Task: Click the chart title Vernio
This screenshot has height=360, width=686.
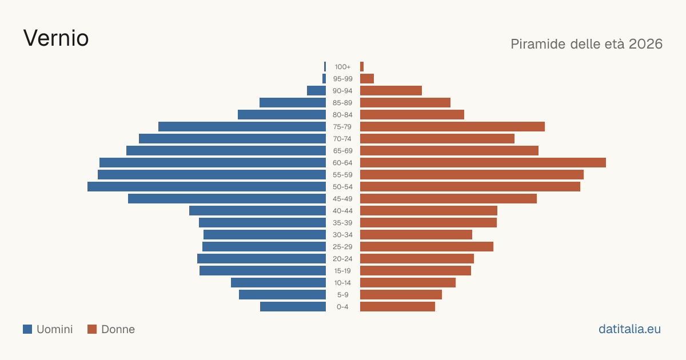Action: tap(56, 38)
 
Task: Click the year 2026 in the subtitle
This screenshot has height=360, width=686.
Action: tap(645, 44)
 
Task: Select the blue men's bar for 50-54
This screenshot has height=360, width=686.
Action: tap(207, 187)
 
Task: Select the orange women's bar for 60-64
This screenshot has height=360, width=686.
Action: tap(483, 162)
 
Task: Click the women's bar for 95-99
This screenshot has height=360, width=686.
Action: tap(367, 79)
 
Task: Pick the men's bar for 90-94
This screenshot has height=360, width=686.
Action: tap(316, 91)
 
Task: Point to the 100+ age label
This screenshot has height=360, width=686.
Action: tap(342, 67)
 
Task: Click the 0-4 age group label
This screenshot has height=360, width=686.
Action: tap(342, 307)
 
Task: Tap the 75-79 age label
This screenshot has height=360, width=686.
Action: tap(342, 127)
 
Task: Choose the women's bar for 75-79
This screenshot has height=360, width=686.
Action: tap(452, 127)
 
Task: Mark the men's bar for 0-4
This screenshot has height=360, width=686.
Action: tap(293, 307)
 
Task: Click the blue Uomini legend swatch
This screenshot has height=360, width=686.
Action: tap(27, 329)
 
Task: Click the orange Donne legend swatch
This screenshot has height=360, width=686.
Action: tap(92, 329)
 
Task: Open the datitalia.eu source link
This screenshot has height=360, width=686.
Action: tap(629, 329)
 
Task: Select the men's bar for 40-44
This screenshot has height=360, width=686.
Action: tap(258, 211)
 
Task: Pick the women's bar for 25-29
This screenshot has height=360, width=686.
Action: tap(426, 247)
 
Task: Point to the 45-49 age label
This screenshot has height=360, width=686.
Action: tap(342, 199)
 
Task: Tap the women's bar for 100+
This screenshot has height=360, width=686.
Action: tap(362, 67)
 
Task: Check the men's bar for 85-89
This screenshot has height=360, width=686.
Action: tap(293, 102)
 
